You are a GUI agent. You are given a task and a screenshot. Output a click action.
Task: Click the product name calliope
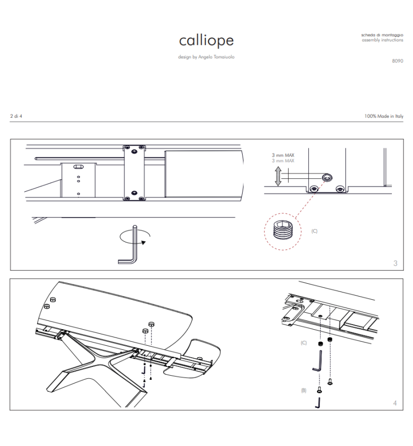point(206,41)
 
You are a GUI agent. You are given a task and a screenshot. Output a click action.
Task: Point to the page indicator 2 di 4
point(16,116)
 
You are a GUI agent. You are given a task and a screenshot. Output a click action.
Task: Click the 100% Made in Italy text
point(384,116)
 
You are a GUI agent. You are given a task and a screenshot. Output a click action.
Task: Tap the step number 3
point(395,264)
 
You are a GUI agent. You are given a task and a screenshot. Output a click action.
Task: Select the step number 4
point(395,403)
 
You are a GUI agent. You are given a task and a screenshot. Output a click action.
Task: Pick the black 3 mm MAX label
point(283,155)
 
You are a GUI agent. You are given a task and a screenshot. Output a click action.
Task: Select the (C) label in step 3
point(314,231)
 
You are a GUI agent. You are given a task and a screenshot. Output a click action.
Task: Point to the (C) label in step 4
point(304,343)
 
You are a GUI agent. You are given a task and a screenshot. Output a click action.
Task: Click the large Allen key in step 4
point(317,361)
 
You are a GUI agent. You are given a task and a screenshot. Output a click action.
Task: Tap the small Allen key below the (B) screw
point(319,403)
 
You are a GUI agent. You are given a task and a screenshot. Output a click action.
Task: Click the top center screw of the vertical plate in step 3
point(134,152)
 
